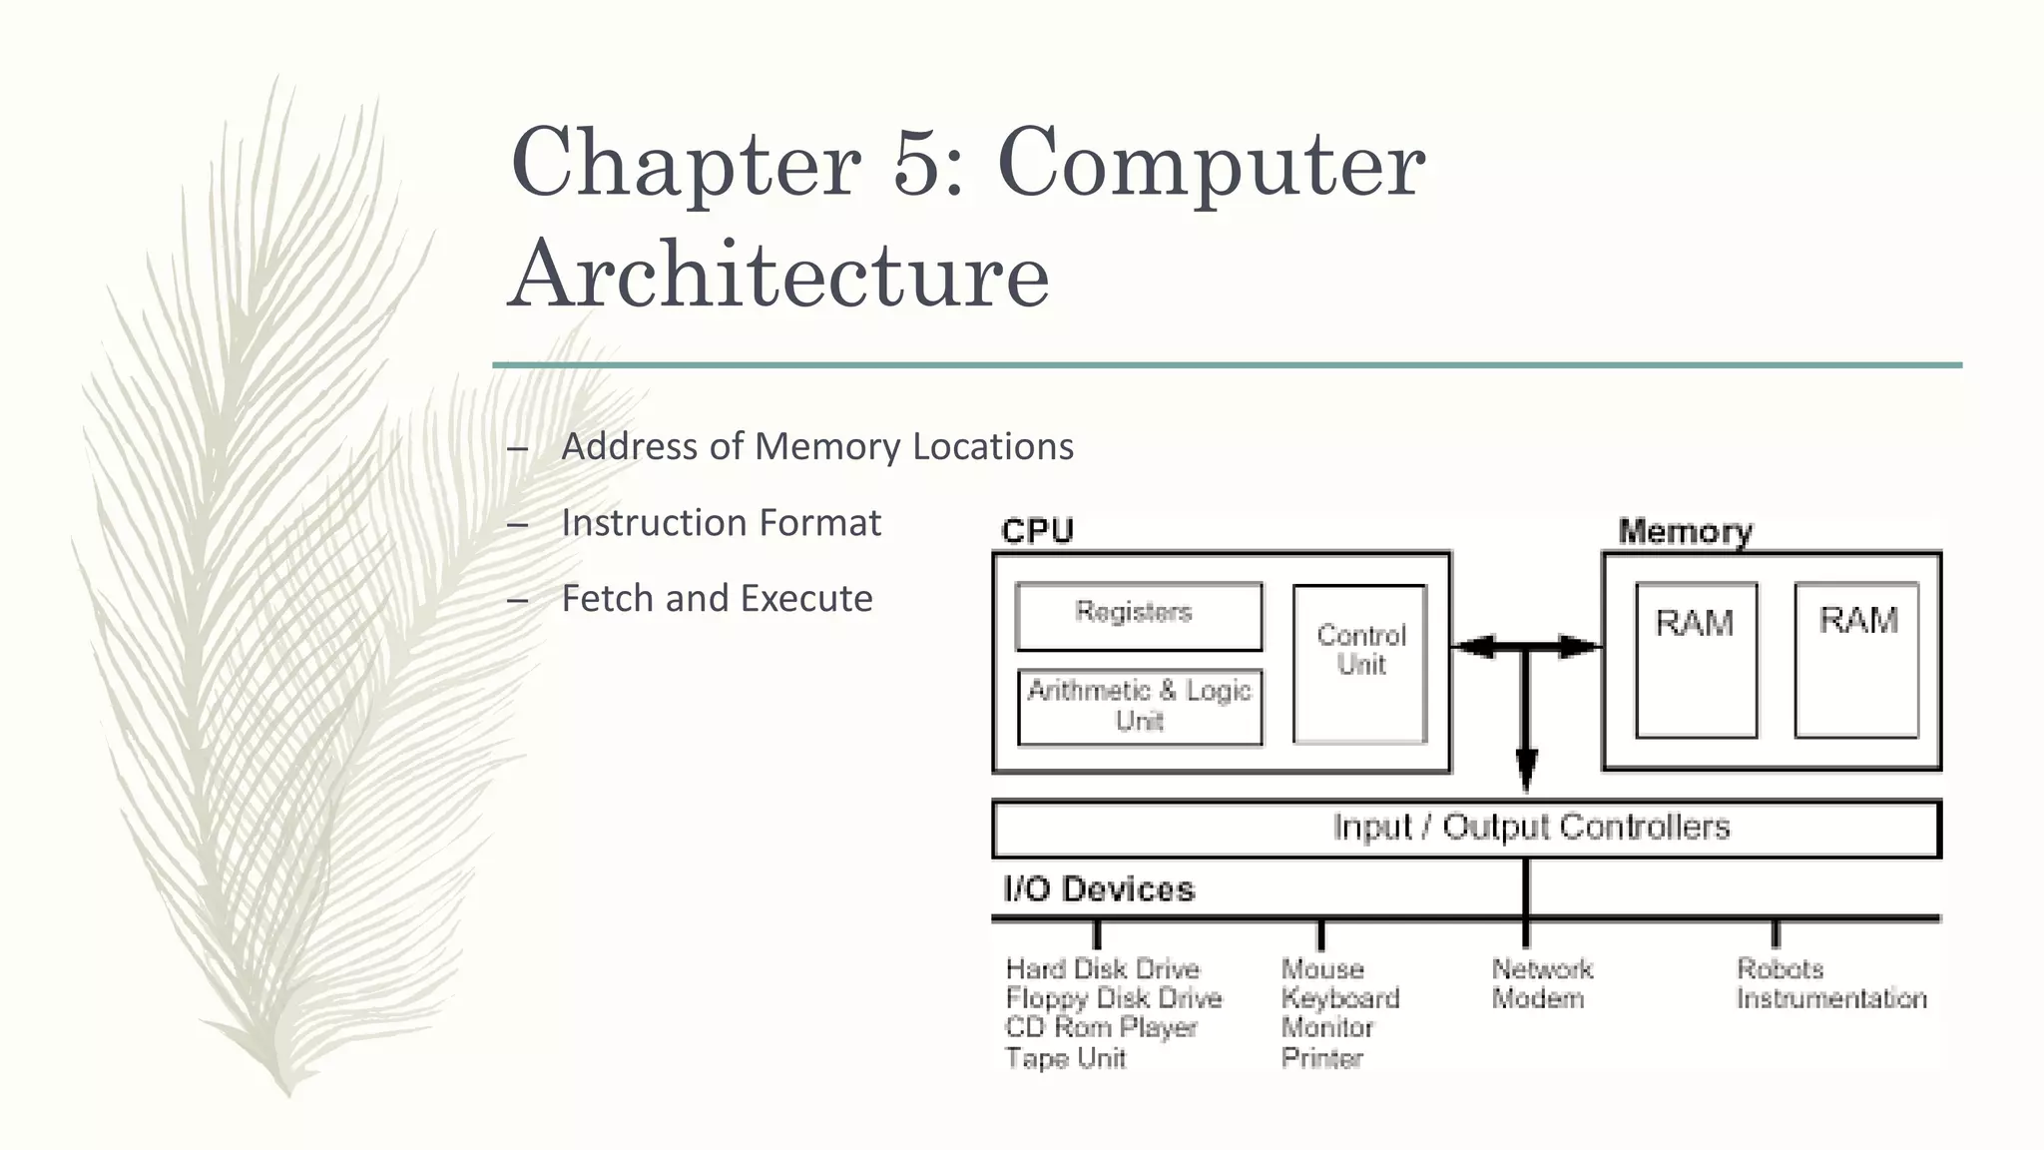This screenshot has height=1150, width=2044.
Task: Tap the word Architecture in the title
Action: click(x=778, y=275)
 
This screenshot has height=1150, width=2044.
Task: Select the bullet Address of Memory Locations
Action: click(x=816, y=446)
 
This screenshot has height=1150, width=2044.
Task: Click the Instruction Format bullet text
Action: click(x=721, y=523)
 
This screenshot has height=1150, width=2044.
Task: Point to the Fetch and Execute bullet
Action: click(x=717, y=599)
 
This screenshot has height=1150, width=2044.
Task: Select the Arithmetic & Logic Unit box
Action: click(x=1139, y=707)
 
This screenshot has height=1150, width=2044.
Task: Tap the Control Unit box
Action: click(x=1359, y=664)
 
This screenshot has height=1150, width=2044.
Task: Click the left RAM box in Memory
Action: click(x=1696, y=660)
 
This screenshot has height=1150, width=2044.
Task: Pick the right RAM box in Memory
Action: click(x=1856, y=660)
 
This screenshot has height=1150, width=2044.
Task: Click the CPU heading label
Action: click(x=1037, y=531)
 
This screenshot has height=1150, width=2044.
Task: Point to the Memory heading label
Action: click(x=1685, y=531)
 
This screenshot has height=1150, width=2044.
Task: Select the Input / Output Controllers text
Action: click(x=1530, y=828)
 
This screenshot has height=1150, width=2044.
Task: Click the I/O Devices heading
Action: click(x=1098, y=889)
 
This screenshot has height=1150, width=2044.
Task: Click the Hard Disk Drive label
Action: click(x=1102, y=969)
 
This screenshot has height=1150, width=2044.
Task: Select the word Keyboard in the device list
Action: click(x=1339, y=998)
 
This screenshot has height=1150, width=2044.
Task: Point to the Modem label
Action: click(x=1537, y=998)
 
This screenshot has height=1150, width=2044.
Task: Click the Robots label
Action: click(x=1780, y=969)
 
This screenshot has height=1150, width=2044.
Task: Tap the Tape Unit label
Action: click(x=1065, y=1058)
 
